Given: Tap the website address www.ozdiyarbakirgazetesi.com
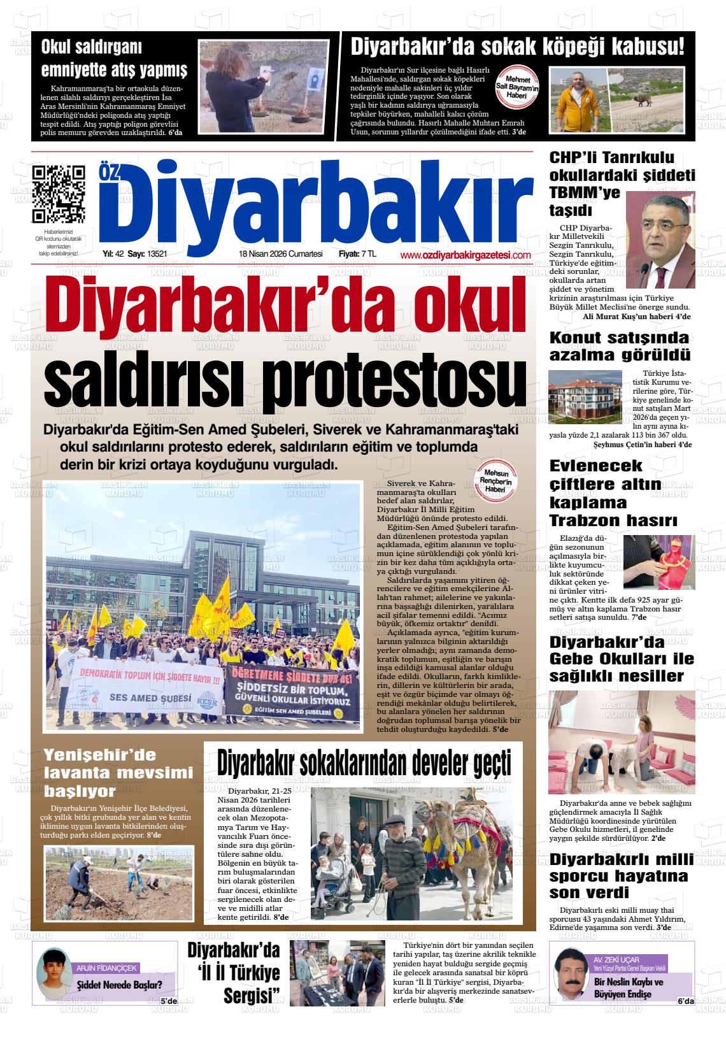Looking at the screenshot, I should click(466, 255).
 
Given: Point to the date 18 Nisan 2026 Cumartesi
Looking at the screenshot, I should click(280, 254).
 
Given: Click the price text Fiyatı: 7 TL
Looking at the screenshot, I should click(357, 254).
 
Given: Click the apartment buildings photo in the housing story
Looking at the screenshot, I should click(585, 397).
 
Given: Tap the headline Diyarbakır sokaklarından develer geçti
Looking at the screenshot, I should click(364, 762).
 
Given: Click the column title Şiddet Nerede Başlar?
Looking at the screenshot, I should click(119, 984).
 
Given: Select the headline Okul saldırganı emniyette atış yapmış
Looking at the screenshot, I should click(114, 58).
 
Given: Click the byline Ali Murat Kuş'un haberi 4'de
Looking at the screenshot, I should click(636, 317).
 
